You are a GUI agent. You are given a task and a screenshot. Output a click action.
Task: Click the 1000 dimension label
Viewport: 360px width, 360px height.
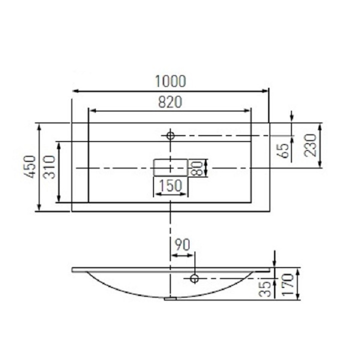click(x=170, y=81)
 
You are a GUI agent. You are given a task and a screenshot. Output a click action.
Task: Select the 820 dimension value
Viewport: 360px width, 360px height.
click(x=170, y=102)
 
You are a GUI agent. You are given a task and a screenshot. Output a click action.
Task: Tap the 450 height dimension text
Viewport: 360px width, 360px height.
click(x=30, y=166)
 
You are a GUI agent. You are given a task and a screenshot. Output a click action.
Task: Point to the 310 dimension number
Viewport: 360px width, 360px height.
click(x=49, y=167)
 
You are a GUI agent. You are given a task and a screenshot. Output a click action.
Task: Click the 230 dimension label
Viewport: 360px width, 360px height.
click(x=310, y=145)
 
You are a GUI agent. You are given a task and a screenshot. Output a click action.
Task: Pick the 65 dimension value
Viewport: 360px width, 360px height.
click(x=284, y=151)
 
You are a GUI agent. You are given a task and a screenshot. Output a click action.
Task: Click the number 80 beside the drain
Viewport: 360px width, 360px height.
click(x=197, y=168)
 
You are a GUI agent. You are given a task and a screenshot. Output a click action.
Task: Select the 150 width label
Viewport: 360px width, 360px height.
click(x=170, y=185)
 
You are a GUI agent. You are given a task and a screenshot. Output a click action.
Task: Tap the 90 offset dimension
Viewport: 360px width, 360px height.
click(x=182, y=244)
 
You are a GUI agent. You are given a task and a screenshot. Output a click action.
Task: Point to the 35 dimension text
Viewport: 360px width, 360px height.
click(x=264, y=289)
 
